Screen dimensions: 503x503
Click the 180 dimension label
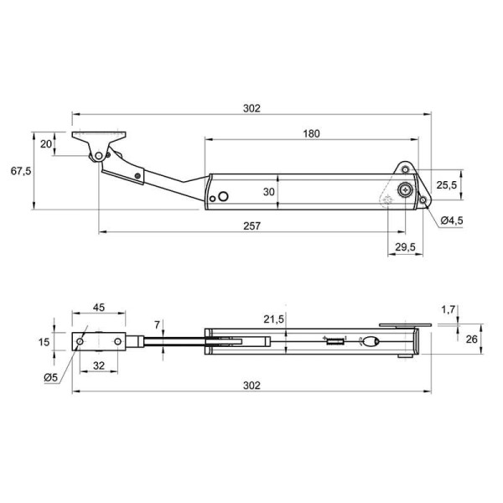(x=312, y=133)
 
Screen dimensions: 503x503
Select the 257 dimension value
(x=251, y=226)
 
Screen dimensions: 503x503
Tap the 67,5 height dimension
(x=21, y=171)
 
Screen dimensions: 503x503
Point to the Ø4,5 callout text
(x=452, y=220)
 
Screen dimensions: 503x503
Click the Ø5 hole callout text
(x=50, y=378)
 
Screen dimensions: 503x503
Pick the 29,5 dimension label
(x=405, y=247)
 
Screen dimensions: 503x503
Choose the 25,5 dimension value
(x=447, y=185)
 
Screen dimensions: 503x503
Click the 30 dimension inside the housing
(x=269, y=192)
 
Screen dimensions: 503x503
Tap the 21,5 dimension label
(x=273, y=319)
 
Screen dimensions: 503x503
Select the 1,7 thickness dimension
(x=449, y=309)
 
